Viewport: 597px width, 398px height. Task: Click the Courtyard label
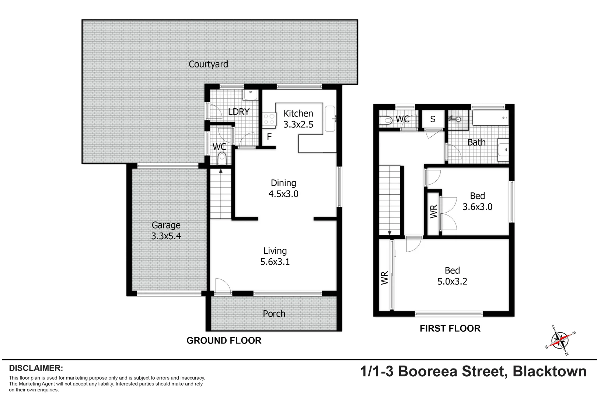pos(208,64)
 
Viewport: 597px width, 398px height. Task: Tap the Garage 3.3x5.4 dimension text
pos(166,236)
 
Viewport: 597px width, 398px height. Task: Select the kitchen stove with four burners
pos(269,119)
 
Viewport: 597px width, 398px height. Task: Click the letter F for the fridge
pos(269,137)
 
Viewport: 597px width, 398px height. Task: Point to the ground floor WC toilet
pos(221,159)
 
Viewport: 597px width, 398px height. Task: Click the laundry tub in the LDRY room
pos(250,94)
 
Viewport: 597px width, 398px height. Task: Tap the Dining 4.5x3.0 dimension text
pos(283,194)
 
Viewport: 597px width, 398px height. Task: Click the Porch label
pos(274,314)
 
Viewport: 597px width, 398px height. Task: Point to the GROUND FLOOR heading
pos(224,341)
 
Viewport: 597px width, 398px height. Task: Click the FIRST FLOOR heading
pos(450,328)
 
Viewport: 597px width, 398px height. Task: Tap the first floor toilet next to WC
pos(385,120)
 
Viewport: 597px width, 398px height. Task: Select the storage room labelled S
pos(433,119)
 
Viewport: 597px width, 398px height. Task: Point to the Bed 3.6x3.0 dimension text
pos(477,207)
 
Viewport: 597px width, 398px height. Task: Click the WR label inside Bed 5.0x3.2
pos(384,278)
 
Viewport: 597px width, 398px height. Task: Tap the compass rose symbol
pos(560,340)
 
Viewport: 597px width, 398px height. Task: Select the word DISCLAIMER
pos(36,368)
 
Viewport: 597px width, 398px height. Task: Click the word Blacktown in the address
pos(549,371)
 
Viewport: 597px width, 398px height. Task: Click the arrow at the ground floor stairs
pos(220,171)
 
